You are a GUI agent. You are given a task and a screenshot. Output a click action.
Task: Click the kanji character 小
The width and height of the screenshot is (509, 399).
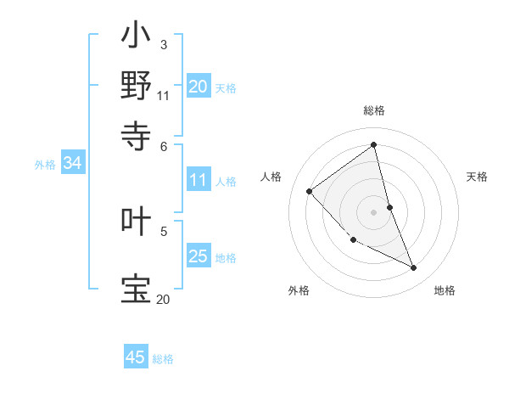[137, 37]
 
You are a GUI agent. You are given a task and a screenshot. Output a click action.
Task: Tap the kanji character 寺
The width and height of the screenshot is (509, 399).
[137, 133]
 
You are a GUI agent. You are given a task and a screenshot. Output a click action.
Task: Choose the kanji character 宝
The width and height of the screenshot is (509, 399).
[137, 287]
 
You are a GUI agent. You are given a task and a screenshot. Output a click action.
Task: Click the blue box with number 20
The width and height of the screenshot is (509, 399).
[199, 87]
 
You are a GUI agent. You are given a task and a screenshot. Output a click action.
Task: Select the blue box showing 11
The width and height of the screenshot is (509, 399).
[199, 180]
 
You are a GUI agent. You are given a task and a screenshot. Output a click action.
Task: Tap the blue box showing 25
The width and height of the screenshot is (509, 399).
[199, 256]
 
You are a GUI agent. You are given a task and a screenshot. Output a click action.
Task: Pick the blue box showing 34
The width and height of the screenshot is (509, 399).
[72, 164]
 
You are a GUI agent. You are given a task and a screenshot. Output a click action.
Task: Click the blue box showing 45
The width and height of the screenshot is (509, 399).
[136, 357]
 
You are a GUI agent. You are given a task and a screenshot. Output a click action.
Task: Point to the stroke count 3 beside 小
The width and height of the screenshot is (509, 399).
[163, 43]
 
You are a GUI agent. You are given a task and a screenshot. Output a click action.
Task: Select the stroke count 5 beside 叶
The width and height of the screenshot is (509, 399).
[163, 230]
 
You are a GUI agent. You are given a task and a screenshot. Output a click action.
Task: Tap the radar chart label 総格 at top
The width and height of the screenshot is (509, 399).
[374, 111]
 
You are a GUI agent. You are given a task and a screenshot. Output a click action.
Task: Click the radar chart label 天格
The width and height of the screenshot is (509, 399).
[478, 177]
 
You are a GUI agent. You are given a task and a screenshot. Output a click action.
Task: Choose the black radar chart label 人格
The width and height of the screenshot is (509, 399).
[271, 177]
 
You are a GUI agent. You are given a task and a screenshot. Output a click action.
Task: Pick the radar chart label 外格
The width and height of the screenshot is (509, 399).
[299, 290]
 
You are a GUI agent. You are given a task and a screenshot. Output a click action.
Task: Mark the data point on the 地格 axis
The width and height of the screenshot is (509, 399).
[414, 268]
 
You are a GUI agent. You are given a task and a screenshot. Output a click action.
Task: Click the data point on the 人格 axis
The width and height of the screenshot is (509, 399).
[310, 191]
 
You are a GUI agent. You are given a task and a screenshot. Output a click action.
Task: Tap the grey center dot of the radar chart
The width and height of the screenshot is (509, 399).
[374, 211]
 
